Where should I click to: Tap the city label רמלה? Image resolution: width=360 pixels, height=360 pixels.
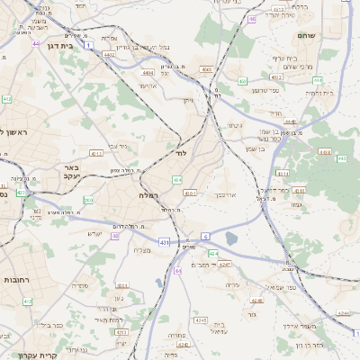[x=149, y=194]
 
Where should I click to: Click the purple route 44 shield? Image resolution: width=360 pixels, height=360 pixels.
[x=35, y=43]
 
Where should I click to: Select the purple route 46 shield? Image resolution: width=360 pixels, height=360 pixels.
[x=252, y=18]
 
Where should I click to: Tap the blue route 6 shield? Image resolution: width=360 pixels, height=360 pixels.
[x=205, y=236]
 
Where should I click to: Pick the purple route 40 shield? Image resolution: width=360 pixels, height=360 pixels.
[x=115, y=236]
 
